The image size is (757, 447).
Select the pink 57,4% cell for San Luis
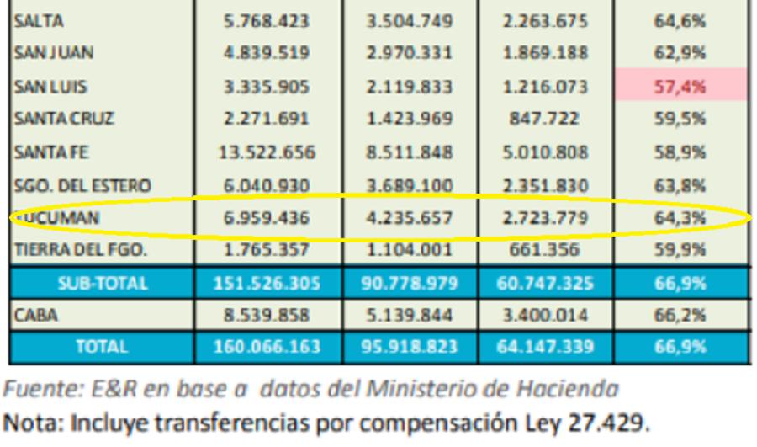pos(680,86)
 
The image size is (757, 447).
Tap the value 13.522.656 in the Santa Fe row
pos(269,152)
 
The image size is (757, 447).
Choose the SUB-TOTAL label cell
pos(101,284)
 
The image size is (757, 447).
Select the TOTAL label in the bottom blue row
pos(101,346)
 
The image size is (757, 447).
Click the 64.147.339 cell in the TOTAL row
pos(544,346)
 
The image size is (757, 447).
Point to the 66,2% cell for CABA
pos(680,314)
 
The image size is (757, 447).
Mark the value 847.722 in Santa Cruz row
pos(544,120)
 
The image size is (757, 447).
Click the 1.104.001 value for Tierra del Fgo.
pos(408,250)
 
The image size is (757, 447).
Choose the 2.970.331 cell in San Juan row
pos(408,53)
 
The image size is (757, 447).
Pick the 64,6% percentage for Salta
pos(680,20)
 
